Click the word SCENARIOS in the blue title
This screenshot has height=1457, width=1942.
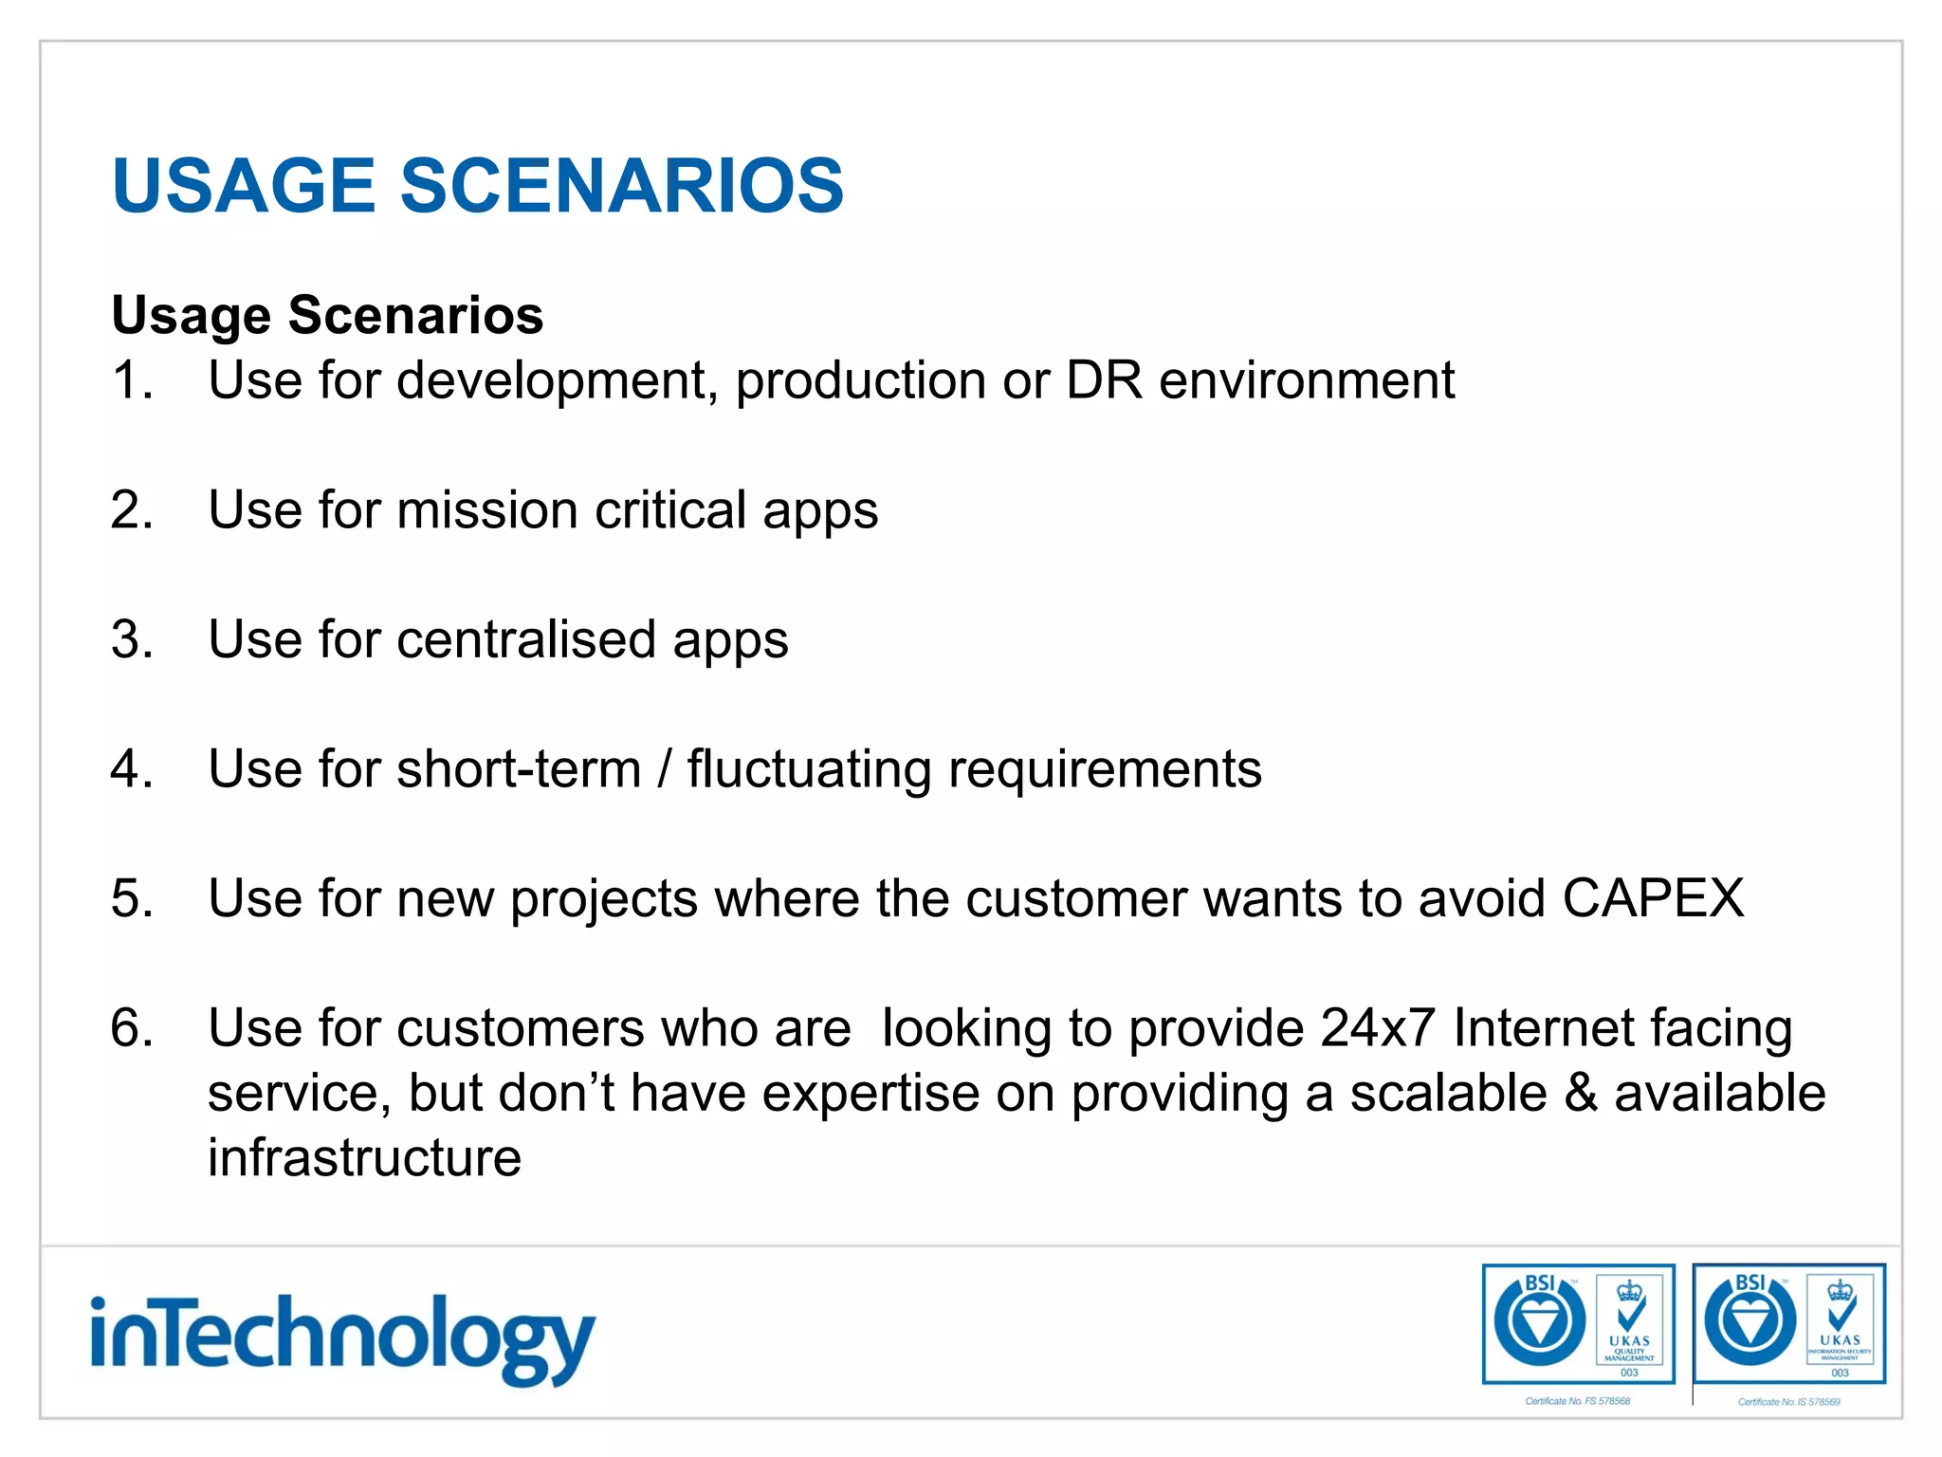(x=621, y=185)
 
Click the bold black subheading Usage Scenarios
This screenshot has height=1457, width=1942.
(x=327, y=315)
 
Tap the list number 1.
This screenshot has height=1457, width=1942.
(x=131, y=380)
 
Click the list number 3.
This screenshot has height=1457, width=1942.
(x=131, y=639)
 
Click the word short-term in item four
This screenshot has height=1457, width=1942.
(x=519, y=768)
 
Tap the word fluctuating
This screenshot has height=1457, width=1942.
(x=809, y=768)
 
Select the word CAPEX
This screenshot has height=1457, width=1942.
(x=1653, y=898)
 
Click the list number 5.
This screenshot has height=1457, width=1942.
(x=131, y=898)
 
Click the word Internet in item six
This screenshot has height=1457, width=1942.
(x=1542, y=1028)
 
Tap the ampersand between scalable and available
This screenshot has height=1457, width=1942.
(x=1581, y=1093)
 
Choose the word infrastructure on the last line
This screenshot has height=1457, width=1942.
(x=364, y=1158)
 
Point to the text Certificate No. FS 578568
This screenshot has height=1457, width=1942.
(x=1578, y=1401)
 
